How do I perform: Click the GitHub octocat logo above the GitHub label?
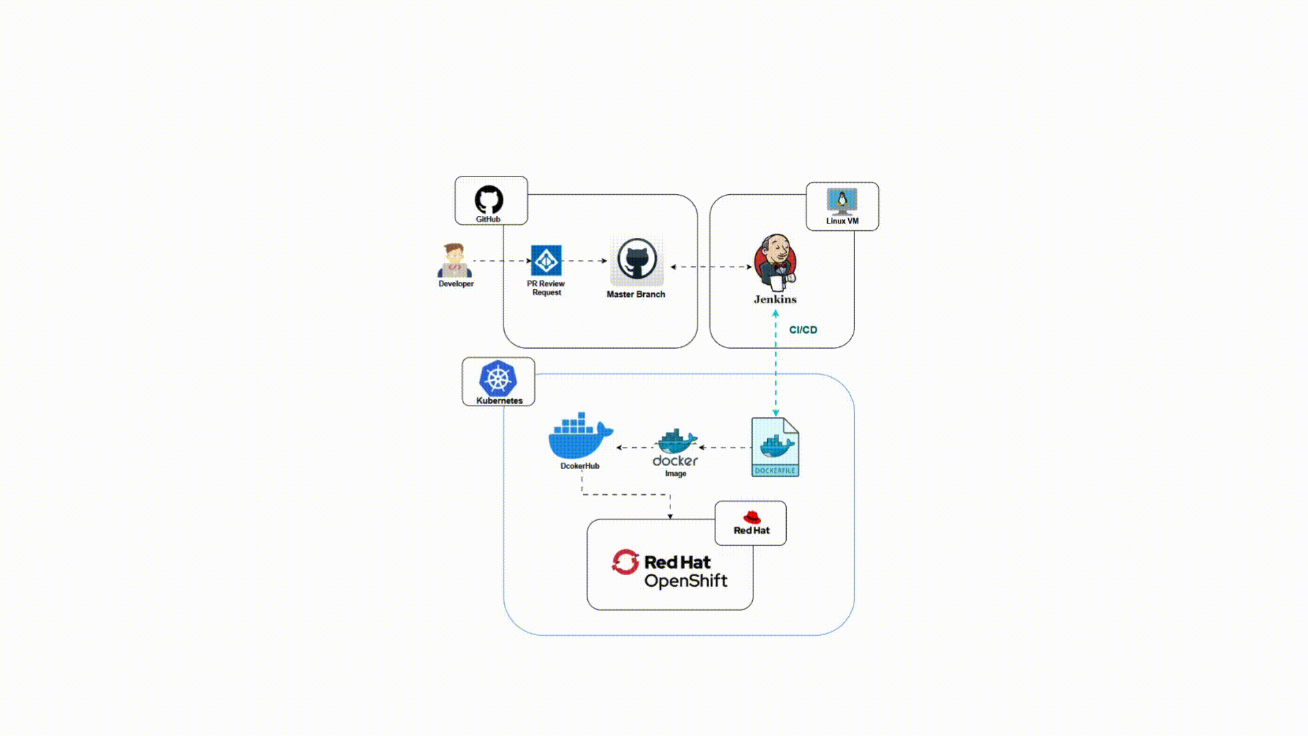[x=488, y=199]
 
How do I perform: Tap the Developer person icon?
[x=454, y=261]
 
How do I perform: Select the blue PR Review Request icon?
[x=546, y=260]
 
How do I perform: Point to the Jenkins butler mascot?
[x=775, y=262]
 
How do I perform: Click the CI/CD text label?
[x=803, y=330]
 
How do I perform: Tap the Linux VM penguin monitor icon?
[x=842, y=201]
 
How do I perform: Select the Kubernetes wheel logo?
[x=498, y=378]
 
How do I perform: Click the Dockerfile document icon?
[x=775, y=447]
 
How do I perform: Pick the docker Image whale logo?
[x=676, y=442]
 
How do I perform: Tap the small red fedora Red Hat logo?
[x=751, y=517]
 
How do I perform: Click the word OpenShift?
[x=685, y=581]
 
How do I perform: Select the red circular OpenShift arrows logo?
[x=625, y=562]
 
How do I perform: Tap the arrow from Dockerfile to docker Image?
[x=725, y=448]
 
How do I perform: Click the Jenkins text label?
[x=775, y=299]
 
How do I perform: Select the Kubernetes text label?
[x=499, y=401]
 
